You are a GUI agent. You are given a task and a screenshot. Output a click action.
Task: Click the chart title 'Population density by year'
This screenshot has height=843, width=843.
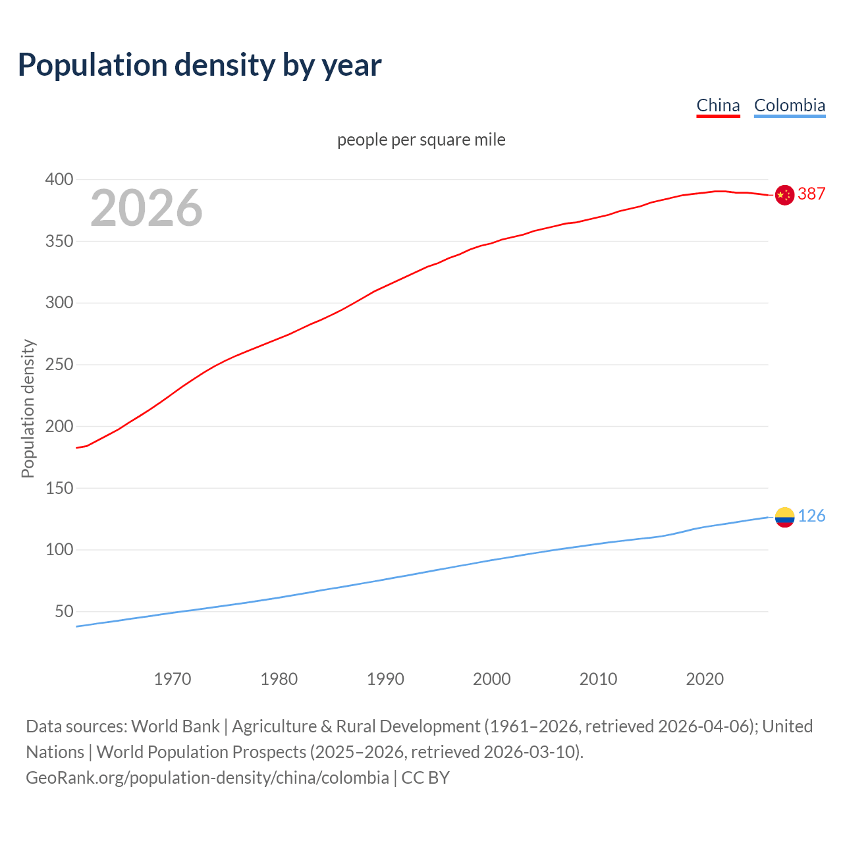(200, 65)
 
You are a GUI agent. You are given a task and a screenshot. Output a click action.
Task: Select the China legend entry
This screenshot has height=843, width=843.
(718, 105)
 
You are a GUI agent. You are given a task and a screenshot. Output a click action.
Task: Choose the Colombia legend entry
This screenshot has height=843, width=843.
(789, 105)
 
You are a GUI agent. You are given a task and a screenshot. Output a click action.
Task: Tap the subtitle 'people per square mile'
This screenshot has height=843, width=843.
(421, 140)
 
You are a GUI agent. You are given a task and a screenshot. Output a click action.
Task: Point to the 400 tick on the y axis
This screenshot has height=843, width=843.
(59, 179)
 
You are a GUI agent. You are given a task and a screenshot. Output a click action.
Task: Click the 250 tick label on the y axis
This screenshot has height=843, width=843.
(59, 365)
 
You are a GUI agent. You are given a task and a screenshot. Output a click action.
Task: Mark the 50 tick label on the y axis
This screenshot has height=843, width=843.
(64, 612)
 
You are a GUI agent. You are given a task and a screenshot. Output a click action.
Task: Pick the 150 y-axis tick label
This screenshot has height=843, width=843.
(59, 488)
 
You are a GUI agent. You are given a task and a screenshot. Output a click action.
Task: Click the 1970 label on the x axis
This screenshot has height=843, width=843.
(173, 679)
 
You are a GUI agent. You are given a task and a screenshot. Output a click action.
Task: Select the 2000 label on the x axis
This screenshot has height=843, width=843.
(492, 679)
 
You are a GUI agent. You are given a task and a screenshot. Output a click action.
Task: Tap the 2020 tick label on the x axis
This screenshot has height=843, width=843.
(705, 679)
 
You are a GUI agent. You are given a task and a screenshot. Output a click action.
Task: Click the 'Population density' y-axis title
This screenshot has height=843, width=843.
(28, 408)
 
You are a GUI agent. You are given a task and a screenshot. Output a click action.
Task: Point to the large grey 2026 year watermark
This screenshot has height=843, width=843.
(146, 208)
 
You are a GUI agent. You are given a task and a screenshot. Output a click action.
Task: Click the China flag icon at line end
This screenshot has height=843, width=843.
(784, 195)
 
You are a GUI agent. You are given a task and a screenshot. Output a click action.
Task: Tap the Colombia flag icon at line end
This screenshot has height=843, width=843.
(784, 517)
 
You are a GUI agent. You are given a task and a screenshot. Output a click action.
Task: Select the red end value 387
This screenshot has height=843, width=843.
(811, 194)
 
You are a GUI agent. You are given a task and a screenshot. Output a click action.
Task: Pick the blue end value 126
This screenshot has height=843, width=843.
(811, 516)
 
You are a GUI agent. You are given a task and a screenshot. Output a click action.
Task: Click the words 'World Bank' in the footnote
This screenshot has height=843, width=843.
(175, 726)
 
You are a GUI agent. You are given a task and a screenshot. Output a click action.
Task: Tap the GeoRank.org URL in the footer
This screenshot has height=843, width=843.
(207, 777)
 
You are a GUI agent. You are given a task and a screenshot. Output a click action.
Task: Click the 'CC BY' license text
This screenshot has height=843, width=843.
(425, 777)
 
